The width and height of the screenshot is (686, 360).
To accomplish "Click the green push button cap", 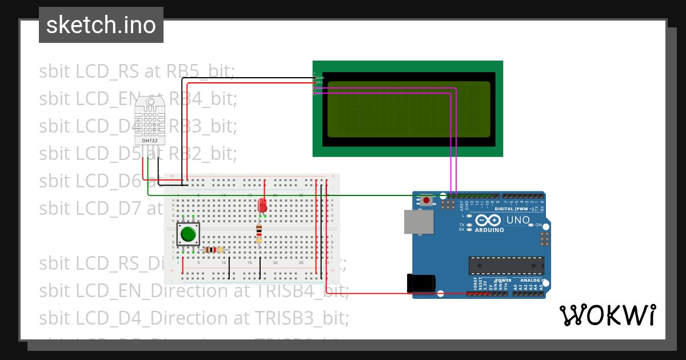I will tap(188, 234).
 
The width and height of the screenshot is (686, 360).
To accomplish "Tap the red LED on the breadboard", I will tap(262, 205).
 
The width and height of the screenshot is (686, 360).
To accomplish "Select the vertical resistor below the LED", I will tap(259, 233).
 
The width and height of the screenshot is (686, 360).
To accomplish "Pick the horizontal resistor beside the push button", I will tap(214, 250).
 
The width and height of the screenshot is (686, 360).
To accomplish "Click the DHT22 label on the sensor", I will tap(150, 141).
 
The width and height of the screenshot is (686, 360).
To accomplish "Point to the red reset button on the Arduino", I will tap(426, 199).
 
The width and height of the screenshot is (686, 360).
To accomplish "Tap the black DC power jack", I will tap(420, 284).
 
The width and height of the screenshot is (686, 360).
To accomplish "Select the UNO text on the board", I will tap(519, 220).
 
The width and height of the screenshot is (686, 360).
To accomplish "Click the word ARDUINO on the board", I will tap(489, 230).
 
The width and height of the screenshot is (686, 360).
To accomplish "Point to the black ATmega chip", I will tap(506, 266).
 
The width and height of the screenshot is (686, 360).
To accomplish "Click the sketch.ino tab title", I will tap(101, 25).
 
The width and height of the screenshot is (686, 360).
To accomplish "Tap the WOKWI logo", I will tap(607, 315).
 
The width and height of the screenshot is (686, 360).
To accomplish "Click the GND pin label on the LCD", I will tap(320, 77).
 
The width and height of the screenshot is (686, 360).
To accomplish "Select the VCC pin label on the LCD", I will tap(320, 82).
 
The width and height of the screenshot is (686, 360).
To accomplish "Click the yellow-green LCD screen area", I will tap(409, 109).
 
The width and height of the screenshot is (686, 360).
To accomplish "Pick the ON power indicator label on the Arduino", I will tap(539, 225).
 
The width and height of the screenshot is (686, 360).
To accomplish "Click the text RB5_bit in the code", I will tap(200, 71).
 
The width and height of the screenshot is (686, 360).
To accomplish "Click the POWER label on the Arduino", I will tap(504, 281).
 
